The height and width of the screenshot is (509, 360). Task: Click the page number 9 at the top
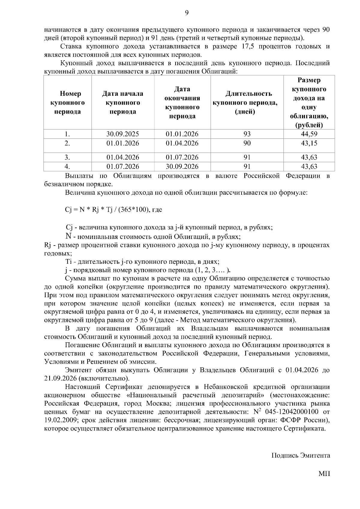point(187,13)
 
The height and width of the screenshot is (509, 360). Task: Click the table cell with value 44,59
point(309,134)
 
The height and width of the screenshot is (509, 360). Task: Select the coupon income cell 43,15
point(309,143)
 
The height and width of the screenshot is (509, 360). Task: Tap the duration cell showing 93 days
point(247,134)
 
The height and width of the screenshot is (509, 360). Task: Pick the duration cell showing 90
point(247,143)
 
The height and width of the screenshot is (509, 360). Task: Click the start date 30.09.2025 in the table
point(123,134)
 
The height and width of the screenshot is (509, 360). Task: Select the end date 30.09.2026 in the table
point(182,166)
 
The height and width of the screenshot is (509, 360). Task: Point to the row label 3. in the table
point(67,157)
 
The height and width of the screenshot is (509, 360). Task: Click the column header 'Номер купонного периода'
point(67,103)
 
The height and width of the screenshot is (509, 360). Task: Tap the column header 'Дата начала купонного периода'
point(123,103)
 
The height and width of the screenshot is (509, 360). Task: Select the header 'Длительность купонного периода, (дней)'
point(247,103)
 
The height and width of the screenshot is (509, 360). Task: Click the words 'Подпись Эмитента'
point(301,456)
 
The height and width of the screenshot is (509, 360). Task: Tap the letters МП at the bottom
point(324,474)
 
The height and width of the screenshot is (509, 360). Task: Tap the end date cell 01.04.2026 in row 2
point(182,143)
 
